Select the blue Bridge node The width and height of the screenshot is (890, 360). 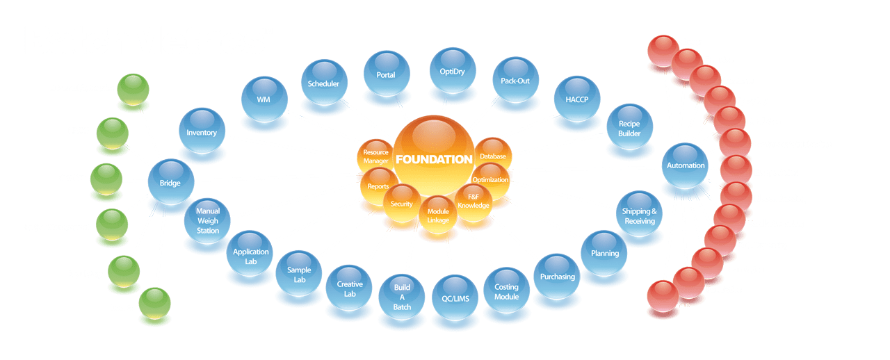[170, 181]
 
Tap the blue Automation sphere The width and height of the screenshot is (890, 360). [685, 165]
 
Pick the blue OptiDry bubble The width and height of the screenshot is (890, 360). [452, 71]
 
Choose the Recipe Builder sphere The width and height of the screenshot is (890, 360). [629, 128]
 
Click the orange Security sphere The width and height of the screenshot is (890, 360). [402, 204]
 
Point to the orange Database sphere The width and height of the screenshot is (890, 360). [493, 156]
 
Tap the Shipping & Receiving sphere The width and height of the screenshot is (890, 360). [639, 215]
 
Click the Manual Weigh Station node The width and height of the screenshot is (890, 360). [207, 220]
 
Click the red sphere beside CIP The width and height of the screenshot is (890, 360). [663, 295]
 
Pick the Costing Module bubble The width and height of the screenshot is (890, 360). [506, 291]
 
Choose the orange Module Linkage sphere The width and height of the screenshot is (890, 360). [437, 215]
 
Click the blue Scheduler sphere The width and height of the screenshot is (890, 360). [323, 83]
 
